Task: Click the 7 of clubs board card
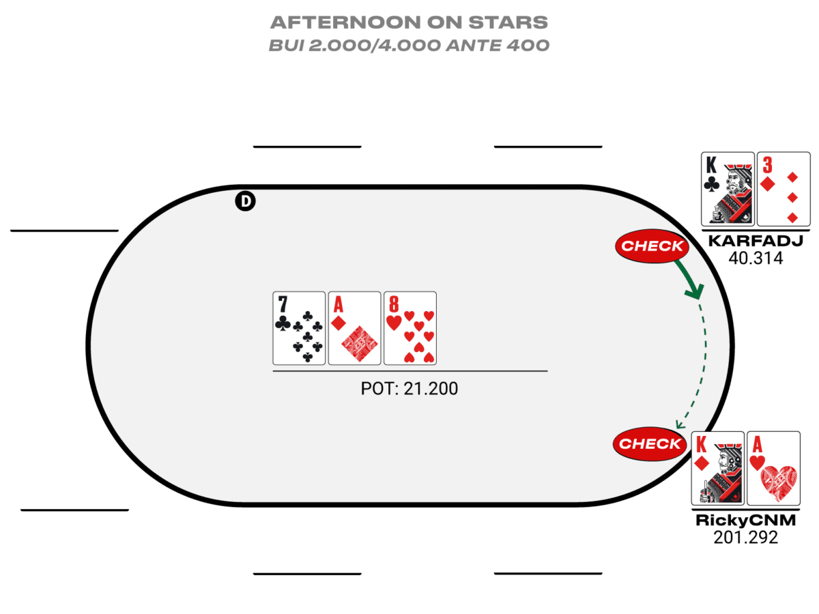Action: pyautogui.click(x=299, y=328)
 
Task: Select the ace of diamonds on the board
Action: pyautogui.click(x=354, y=328)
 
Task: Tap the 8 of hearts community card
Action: pyautogui.click(x=409, y=328)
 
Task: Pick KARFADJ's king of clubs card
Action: pyautogui.click(x=728, y=188)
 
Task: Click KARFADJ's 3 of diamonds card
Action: pyautogui.click(x=784, y=188)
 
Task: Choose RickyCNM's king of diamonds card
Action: pyautogui.click(x=717, y=468)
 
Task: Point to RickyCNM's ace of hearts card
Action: pyautogui.click(x=773, y=468)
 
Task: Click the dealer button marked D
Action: pyautogui.click(x=244, y=201)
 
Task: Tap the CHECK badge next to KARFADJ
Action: pyautogui.click(x=652, y=246)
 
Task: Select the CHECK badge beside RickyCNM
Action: pyautogui.click(x=649, y=443)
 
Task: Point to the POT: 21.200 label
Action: pyautogui.click(x=409, y=389)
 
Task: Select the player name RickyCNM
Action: pyautogui.click(x=745, y=521)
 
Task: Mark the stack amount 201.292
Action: pyautogui.click(x=745, y=538)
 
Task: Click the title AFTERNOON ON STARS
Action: pyautogui.click(x=409, y=22)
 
